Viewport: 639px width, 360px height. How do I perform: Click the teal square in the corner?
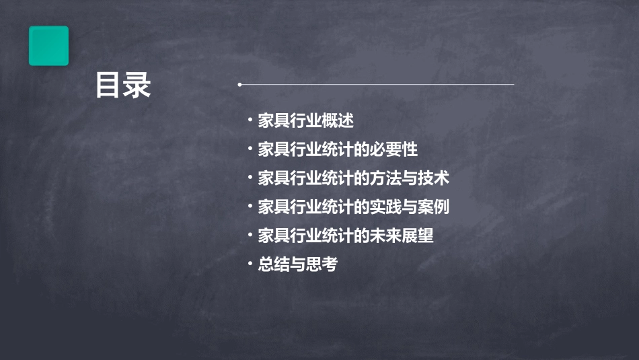[48, 46]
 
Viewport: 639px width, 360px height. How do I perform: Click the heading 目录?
[123, 85]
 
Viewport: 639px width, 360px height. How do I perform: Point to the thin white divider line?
[377, 85]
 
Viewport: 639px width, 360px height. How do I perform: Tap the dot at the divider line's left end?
[239, 85]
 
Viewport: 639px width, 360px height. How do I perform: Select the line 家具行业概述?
[306, 121]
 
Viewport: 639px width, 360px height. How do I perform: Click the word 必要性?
[398, 149]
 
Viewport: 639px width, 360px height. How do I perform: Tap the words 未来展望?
[406, 236]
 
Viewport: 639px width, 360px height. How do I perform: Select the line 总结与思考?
[297, 264]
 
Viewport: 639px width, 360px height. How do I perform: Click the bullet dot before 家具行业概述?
[250, 120]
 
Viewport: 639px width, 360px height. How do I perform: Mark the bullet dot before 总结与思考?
[250, 264]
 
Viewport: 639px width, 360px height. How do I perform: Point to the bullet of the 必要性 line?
[250, 149]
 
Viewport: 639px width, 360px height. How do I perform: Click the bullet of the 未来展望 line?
[250, 235]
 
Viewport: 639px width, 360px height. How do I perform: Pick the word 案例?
[434, 207]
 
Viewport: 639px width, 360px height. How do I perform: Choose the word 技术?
[434, 178]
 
